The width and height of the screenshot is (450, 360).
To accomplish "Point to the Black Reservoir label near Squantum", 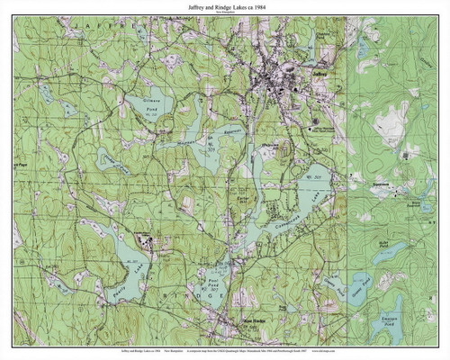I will (417, 205).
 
